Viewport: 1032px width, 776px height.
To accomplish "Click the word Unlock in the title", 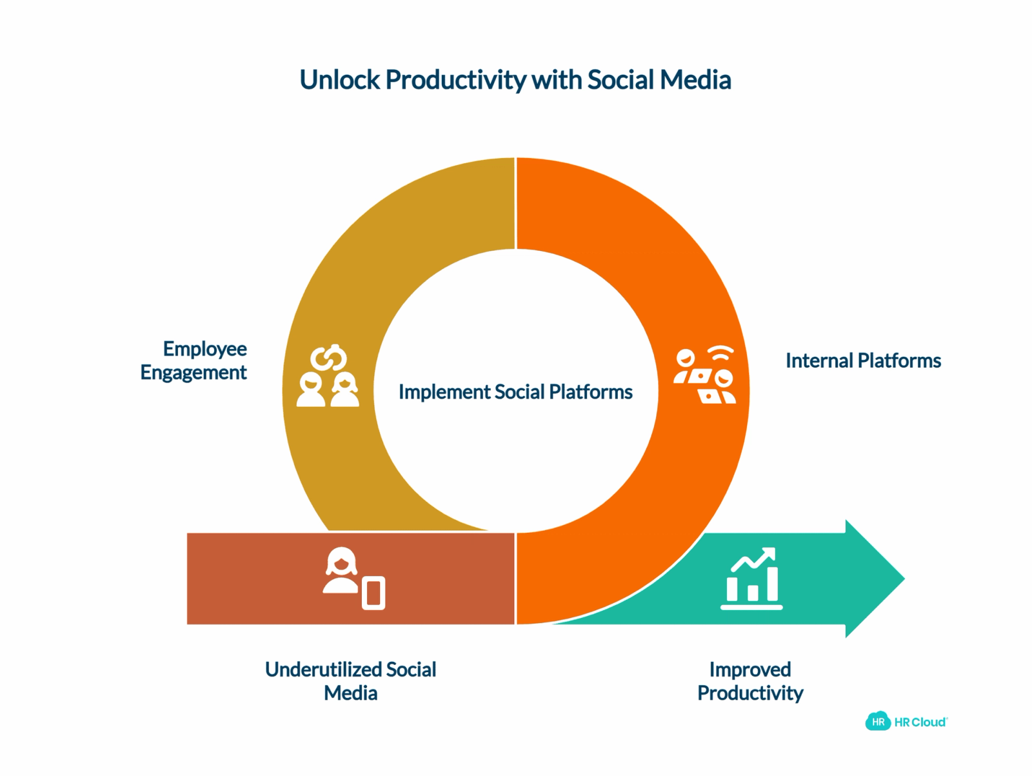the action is point(339,79).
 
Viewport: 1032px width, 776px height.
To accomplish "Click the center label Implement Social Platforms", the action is point(515,392).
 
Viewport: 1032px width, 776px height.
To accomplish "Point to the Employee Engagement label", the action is point(193,361).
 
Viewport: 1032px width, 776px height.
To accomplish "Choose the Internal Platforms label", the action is point(863,361).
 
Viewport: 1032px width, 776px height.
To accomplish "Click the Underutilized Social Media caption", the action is point(351,681).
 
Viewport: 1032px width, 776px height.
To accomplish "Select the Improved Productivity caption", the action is point(750,681).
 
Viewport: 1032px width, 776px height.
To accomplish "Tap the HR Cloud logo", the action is point(906,721).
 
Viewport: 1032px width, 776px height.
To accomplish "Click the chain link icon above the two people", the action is point(329,358).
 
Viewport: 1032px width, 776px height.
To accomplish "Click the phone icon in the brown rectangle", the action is point(373,593).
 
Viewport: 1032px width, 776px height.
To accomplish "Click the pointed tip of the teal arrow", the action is point(904,579).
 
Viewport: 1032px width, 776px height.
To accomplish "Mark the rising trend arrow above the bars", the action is point(753,559).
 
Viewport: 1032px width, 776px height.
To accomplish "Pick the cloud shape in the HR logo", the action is point(878,721).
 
